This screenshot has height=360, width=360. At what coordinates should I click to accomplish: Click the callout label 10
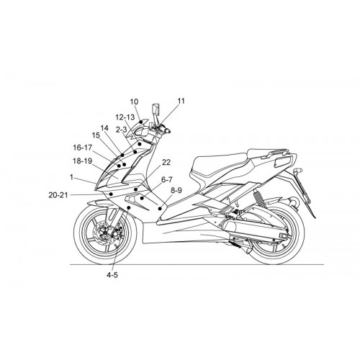coord(134,102)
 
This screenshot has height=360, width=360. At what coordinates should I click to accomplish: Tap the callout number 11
coord(181,101)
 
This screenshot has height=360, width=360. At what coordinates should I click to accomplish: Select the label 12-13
coord(125,117)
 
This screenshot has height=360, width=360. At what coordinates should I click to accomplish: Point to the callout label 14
coord(104,128)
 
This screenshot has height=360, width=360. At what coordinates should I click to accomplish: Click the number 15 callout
coord(96,135)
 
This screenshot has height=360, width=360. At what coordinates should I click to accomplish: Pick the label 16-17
coord(83,148)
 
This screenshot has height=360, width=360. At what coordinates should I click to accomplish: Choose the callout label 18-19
coord(83,161)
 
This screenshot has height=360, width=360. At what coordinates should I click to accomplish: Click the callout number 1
coord(71,177)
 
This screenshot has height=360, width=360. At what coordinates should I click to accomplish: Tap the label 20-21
coord(58,195)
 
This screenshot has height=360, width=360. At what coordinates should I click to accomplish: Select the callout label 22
coord(166,163)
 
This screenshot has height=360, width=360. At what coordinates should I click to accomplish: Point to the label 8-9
coord(176,190)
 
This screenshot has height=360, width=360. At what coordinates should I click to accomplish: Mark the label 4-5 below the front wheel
coord(112,275)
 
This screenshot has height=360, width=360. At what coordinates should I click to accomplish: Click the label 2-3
coord(121,130)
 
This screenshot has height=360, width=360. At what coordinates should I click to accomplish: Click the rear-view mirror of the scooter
coord(156,109)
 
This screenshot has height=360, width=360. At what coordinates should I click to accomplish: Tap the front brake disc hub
coord(105,233)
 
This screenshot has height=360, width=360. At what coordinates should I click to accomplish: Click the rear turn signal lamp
coord(297,171)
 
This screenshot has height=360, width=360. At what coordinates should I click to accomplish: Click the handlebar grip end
coord(168,131)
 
